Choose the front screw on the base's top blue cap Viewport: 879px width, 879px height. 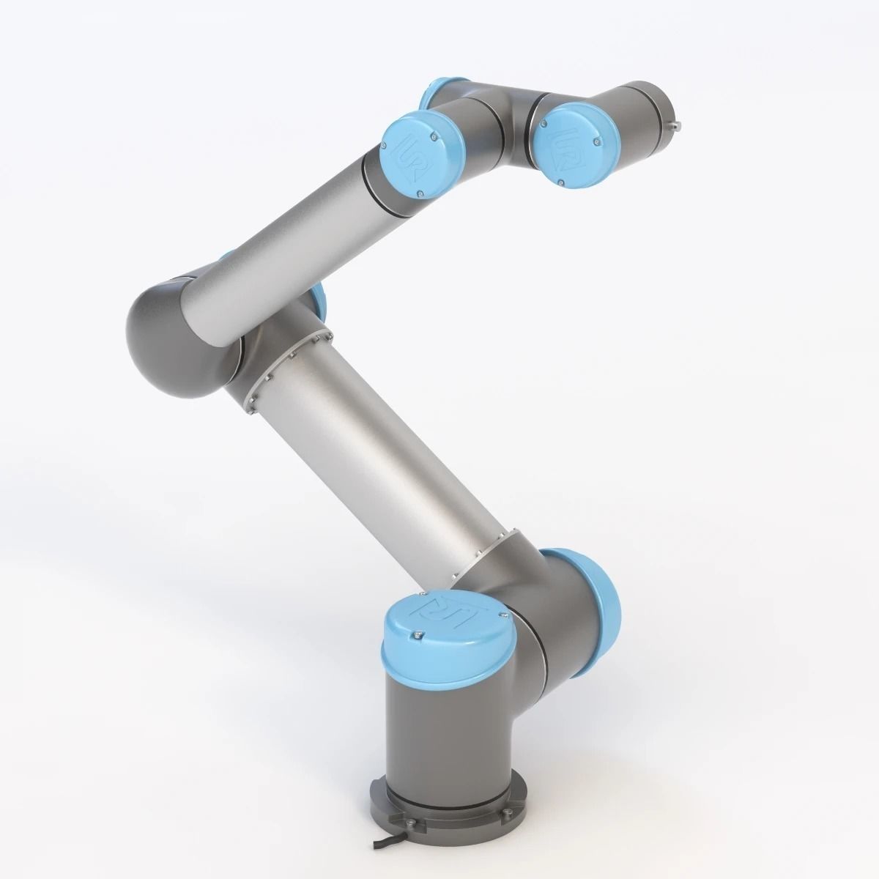point(418,634)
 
